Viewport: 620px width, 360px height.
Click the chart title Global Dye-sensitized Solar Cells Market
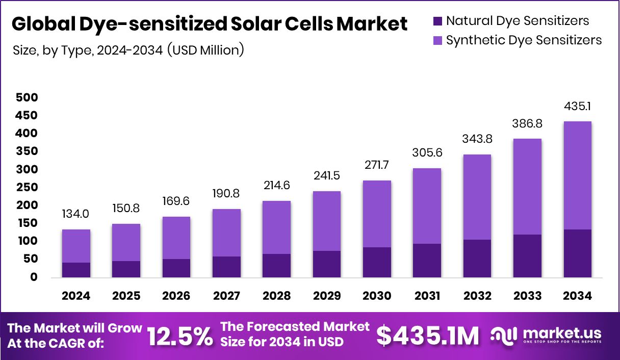coord(209,24)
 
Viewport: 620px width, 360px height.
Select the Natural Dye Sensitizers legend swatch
coord(437,21)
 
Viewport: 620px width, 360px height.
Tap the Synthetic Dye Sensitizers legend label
coord(524,40)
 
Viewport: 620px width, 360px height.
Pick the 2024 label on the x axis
coord(76,296)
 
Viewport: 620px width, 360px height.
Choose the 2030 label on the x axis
coord(377,296)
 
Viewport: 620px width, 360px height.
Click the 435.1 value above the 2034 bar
coord(577,107)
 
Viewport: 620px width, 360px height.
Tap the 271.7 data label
coord(377,166)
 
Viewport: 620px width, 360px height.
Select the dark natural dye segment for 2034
coord(577,253)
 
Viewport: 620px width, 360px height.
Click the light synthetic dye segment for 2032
coord(477,197)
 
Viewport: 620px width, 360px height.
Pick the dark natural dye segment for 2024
coord(76,270)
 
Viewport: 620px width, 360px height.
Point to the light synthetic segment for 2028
coord(276,227)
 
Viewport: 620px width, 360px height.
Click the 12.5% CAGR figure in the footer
coord(180,336)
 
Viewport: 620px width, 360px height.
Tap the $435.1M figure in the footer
coord(428,336)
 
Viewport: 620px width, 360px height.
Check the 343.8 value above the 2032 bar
coord(477,139)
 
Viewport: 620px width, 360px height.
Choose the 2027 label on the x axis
coord(226,296)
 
